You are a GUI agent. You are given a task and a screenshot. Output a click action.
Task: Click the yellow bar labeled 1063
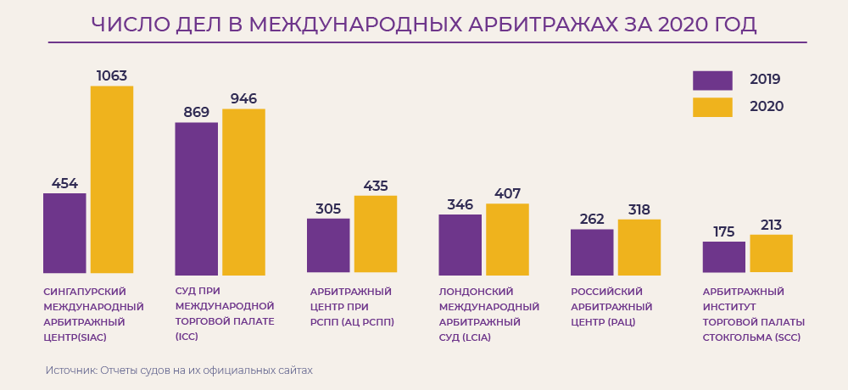tap(112, 180)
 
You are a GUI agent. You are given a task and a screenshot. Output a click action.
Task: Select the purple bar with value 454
tap(64, 233)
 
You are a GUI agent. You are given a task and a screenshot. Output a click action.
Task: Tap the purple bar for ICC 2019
tap(197, 198)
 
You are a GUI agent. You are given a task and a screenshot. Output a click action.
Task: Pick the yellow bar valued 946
tap(243, 191)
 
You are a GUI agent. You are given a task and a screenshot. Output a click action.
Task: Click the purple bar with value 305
tap(328, 246)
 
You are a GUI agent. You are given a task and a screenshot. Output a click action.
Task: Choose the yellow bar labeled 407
tap(507, 239)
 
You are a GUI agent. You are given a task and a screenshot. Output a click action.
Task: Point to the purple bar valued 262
tap(592, 252)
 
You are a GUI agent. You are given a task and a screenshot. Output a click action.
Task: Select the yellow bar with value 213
tap(771, 253)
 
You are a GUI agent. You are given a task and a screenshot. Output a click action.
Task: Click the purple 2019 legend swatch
tap(712, 81)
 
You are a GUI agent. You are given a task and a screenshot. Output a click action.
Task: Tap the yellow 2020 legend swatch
tap(712, 107)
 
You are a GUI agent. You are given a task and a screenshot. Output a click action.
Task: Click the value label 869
tap(196, 112)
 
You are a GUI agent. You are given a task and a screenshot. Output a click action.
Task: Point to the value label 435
tap(376, 186)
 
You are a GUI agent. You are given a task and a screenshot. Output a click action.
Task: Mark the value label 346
tap(460, 204)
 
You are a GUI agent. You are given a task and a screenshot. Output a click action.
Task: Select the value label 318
tap(639, 209)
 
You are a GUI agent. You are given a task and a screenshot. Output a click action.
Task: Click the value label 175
tap(723, 231)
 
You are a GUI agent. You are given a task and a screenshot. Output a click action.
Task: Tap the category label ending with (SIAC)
tap(93, 315)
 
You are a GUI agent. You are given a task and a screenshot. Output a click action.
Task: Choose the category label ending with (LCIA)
tap(488, 315)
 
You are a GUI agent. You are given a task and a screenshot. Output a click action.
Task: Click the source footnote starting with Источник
tap(179, 370)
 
